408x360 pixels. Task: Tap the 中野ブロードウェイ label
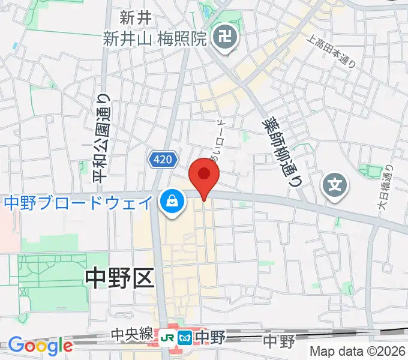[79, 203]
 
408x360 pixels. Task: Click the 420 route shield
[162, 159]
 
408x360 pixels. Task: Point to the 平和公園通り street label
[102, 137]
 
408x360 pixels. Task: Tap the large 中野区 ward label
[120, 277]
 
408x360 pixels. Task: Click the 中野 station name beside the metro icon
[209, 337]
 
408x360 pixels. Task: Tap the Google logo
[40, 345]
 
